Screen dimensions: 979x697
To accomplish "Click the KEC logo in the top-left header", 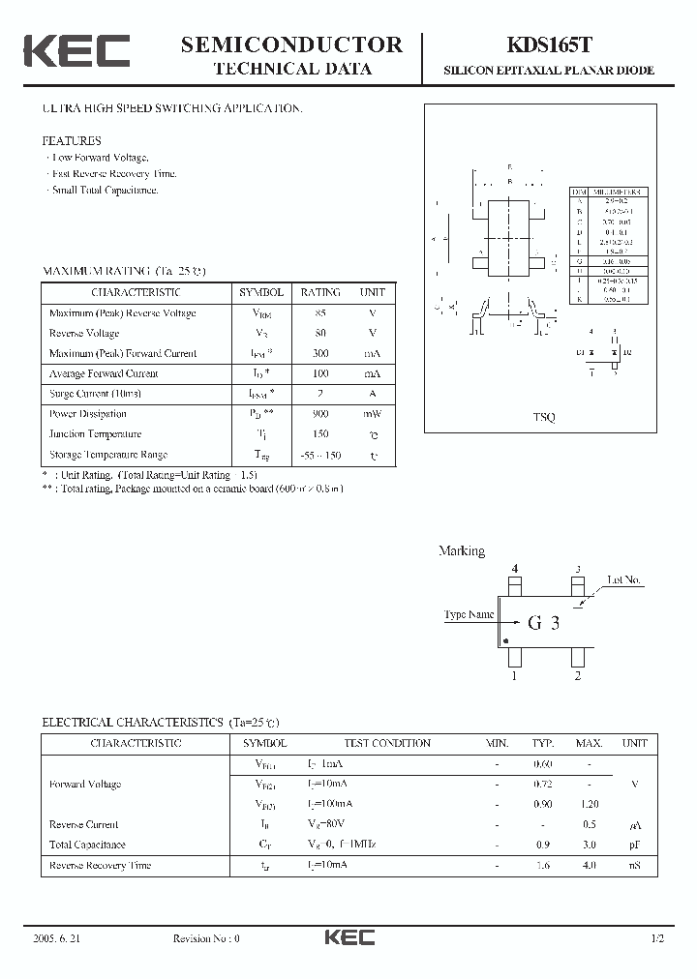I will [76, 51].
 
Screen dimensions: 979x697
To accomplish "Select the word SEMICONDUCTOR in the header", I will [291, 44].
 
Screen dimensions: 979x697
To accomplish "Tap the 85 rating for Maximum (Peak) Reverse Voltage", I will [320, 312].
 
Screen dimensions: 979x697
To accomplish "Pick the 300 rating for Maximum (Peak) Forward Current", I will [320, 353].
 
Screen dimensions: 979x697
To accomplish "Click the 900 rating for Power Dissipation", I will [320, 414].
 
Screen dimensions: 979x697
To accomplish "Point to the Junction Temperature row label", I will [95, 434].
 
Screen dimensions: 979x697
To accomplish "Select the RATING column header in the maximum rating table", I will [320, 292].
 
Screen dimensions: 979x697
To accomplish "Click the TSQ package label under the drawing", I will [544, 417].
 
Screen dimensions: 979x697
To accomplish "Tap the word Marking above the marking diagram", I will [462, 551].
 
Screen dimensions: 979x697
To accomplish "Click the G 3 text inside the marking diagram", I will [543, 623].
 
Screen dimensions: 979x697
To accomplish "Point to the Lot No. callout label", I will [623, 580].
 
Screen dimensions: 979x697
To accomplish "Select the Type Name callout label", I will [469, 615].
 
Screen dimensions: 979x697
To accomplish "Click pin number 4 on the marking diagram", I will [515, 569].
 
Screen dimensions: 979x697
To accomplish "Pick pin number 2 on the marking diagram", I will [577, 676].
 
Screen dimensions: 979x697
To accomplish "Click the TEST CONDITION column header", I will [387, 743].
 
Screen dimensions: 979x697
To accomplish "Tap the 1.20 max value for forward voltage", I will [589, 804].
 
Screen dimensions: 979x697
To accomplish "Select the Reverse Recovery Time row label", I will [101, 865].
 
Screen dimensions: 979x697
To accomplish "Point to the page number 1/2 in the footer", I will [658, 938].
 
